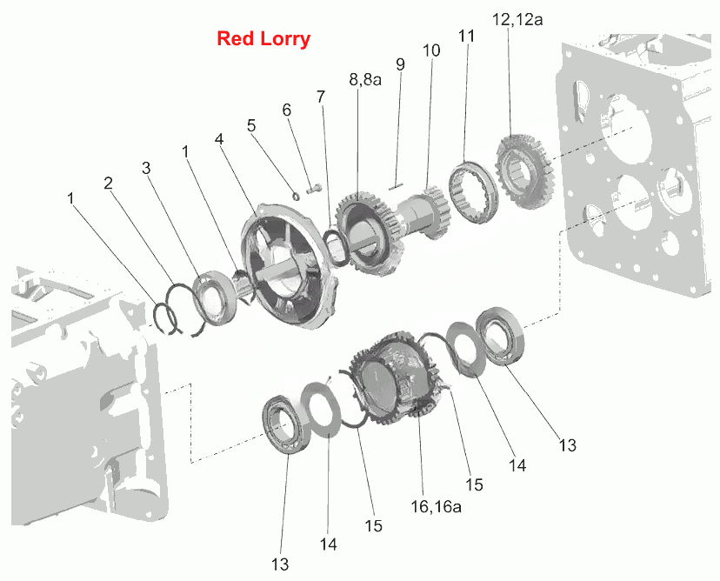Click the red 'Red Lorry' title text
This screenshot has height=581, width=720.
263,38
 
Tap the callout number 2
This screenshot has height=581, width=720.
109,184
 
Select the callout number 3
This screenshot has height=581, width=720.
146,168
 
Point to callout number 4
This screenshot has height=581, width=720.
219,138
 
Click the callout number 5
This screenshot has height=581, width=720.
251,125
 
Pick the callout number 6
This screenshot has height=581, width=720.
287,110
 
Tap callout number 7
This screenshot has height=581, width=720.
321,97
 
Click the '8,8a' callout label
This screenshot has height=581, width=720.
365,79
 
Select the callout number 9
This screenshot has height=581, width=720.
400,64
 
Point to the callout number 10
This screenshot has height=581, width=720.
431,50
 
